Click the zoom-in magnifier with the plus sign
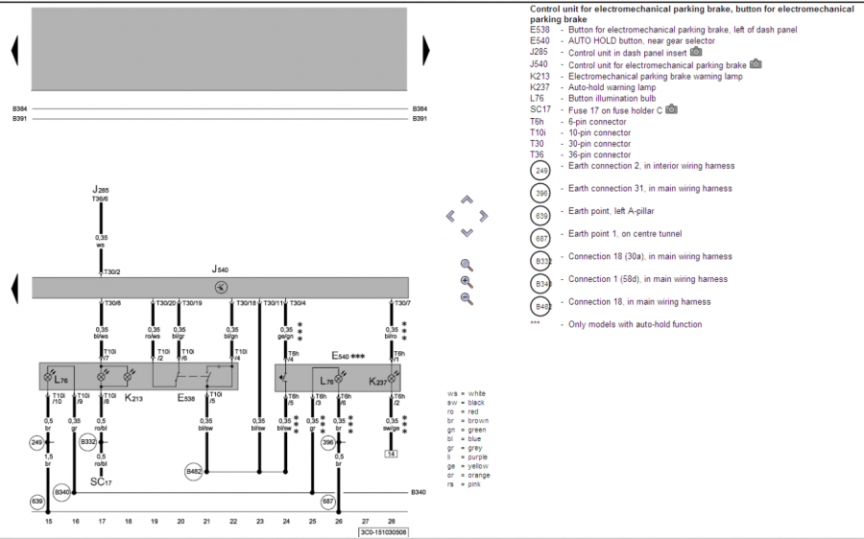pyautogui.click(x=467, y=282)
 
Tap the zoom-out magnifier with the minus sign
pyautogui.click(x=467, y=298)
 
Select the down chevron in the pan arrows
pyautogui.click(x=467, y=232)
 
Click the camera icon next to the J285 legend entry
pyautogui.click(x=696, y=53)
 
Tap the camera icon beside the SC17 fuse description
pyautogui.click(x=671, y=110)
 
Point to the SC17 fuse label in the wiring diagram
pyautogui.click(x=101, y=481)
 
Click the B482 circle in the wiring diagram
pyautogui.click(x=195, y=472)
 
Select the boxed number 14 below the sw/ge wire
pyautogui.click(x=391, y=454)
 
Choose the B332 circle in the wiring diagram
pyautogui.click(x=88, y=442)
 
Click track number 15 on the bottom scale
pyautogui.click(x=49, y=522)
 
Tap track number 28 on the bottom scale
pyautogui.click(x=392, y=522)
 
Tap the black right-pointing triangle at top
pyautogui.click(x=425, y=50)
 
